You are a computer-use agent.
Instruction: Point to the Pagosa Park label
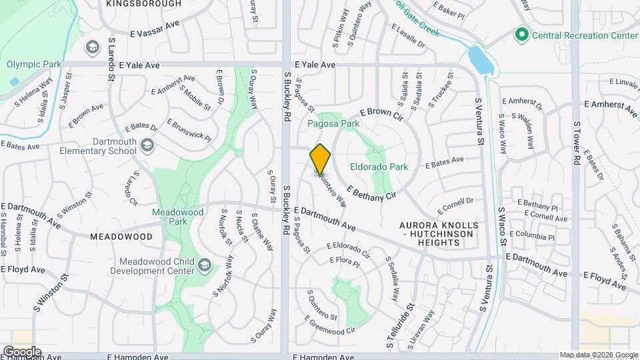pos(333,123)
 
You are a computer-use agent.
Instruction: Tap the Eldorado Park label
pos(379,167)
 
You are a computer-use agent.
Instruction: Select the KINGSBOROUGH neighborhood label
pos(143,3)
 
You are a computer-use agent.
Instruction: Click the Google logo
pos(21,351)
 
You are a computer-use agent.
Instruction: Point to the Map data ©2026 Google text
pos(599,355)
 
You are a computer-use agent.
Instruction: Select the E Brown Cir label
pos(382,115)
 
